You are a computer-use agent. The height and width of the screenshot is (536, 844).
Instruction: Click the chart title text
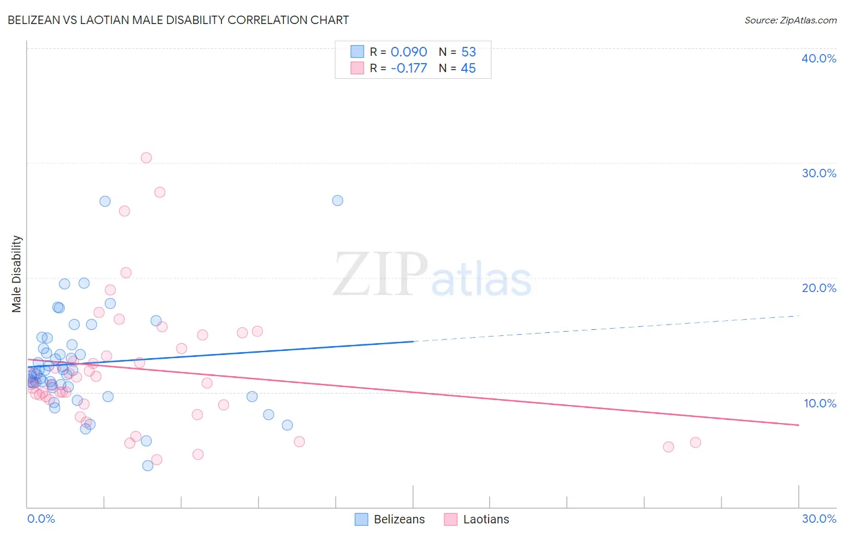tap(178, 20)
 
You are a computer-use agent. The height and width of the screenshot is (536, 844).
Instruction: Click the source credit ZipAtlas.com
tap(790, 20)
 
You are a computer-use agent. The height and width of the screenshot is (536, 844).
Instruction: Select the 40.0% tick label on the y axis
tap(819, 58)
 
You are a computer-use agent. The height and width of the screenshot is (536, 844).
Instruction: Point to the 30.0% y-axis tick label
tap(819, 173)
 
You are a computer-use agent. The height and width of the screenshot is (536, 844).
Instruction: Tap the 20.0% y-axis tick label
tap(819, 288)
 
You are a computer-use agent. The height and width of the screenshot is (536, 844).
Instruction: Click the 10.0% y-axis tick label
tap(820, 403)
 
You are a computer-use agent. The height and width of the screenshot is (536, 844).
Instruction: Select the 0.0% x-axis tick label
tap(41, 519)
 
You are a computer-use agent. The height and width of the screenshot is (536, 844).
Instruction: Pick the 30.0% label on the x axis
tap(819, 519)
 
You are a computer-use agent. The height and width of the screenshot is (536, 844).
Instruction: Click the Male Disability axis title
tap(17, 273)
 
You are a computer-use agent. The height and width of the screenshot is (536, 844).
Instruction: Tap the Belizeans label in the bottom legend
tap(399, 519)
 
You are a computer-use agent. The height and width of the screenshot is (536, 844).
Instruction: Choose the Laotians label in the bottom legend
tap(486, 519)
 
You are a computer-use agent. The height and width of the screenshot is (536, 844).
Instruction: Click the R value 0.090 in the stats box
tap(409, 52)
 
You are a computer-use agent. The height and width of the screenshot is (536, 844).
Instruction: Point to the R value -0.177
tap(409, 69)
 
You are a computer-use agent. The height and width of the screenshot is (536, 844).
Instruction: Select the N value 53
tap(468, 52)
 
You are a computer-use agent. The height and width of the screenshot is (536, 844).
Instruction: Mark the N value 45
tap(468, 69)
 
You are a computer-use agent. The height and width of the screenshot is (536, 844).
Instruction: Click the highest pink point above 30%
tap(146, 158)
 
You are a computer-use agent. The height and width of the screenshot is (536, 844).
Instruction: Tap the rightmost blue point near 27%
tap(337, 201)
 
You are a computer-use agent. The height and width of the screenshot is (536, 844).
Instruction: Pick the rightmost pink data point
tap(695, 442)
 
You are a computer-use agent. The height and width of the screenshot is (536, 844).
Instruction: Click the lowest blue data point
tap(148, 466)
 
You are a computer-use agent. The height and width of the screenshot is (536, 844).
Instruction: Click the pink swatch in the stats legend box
tap(357, 68)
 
